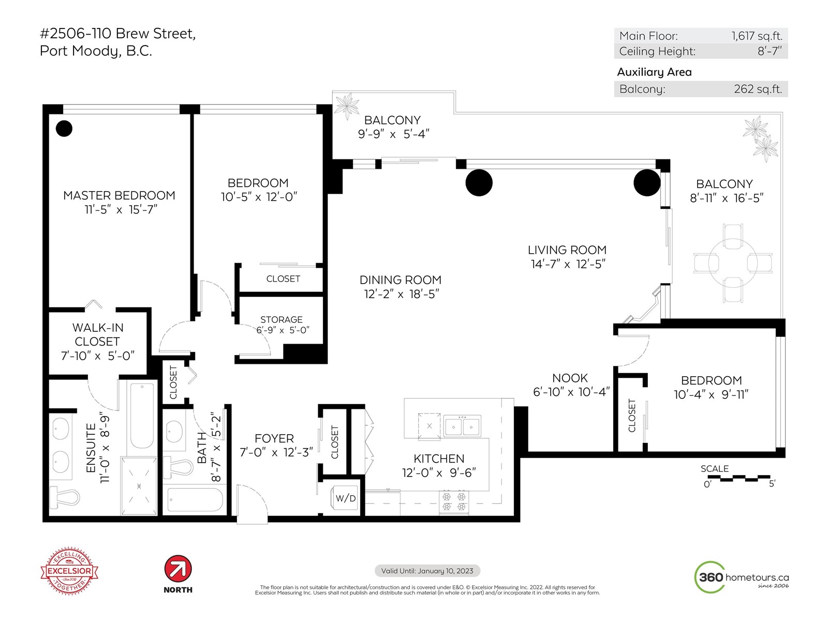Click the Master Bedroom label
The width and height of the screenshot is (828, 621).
point(119,195)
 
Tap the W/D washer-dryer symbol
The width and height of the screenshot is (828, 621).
point(345,498)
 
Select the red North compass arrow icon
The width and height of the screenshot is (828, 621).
point(178,569)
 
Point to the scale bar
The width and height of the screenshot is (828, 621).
point(739,478)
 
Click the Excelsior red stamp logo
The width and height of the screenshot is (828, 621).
point(69,571)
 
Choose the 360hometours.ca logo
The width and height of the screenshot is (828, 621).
point(742,577)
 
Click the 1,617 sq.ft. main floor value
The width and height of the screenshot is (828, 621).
point(757,36)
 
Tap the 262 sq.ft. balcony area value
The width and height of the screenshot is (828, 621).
point(758,89)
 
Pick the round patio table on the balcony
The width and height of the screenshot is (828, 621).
point(733,263)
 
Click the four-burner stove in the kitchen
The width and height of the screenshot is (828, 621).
point(454,501)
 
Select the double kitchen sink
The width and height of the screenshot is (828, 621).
point(462,426)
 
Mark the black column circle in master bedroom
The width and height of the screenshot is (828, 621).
point(64,128)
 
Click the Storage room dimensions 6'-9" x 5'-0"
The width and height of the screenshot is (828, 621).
point(283,330)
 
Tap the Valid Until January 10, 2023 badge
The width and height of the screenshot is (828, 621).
point(427,571)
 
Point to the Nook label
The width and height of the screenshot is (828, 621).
point(570,378)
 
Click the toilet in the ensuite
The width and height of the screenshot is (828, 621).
point(65,496)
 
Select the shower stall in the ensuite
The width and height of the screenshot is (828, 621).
point(139,486)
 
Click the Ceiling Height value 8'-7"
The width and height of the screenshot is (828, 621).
point(770,51)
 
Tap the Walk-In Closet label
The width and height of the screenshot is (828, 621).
point(98,334)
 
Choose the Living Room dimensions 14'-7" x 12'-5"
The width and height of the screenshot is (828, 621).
point(568,264)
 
